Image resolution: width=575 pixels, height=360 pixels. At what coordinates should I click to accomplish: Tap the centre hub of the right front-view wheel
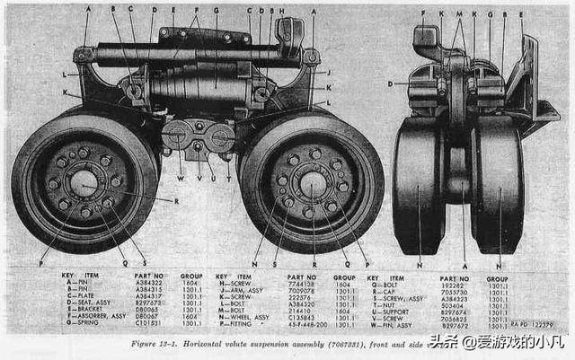coord(312,186)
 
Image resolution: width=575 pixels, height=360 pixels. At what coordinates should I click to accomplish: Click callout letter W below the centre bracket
coord(181,178)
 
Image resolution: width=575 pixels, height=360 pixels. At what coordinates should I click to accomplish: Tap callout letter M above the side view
coord(459,14)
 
